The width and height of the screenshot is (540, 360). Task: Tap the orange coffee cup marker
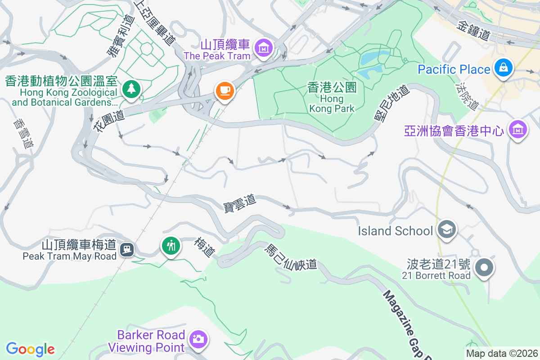click(224, 90)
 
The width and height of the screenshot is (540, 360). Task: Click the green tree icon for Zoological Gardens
click(131, 88)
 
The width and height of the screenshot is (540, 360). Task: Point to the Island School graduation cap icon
click(446, 229)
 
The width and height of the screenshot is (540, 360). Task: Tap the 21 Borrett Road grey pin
click(484, 267)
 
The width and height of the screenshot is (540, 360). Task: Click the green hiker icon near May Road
click(171, 246)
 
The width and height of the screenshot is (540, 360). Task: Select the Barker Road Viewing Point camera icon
click(198, 339)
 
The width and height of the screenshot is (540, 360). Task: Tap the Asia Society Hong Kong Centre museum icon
click(517, 129)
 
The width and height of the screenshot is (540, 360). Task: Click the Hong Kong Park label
click(332, 97)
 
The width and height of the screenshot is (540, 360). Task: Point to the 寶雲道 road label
click(239, 203)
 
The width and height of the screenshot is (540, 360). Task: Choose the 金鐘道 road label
click(472, 31)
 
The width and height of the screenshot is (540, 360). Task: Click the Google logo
click(30, 349)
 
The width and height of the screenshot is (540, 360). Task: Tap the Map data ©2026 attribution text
click(502, 353)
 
